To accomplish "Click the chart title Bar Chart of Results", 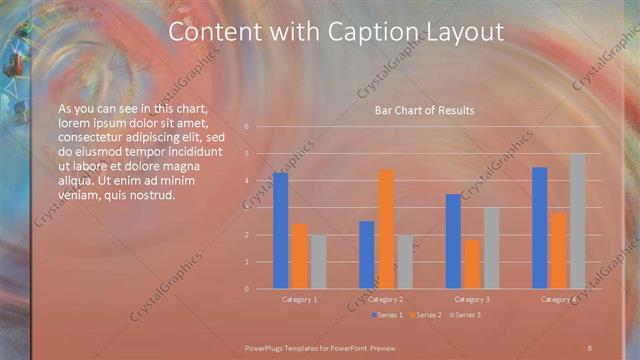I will click(x=424, y=110).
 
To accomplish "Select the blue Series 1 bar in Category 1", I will click(x=280, y=230).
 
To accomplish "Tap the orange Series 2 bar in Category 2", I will click(x=386, y=229).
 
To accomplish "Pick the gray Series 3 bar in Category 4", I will click(x=577, y=221).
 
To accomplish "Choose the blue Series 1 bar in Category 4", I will click(x=540, y=227).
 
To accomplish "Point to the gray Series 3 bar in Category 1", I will click(x=318, y=262).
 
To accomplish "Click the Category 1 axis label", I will click(x=299, y=299).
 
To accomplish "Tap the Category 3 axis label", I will click(x=472, y=299).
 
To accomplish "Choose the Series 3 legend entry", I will click(x=466, y=315).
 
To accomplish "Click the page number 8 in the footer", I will click(x=590, y=346).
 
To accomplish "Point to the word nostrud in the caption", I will click(x=153, y=195).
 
